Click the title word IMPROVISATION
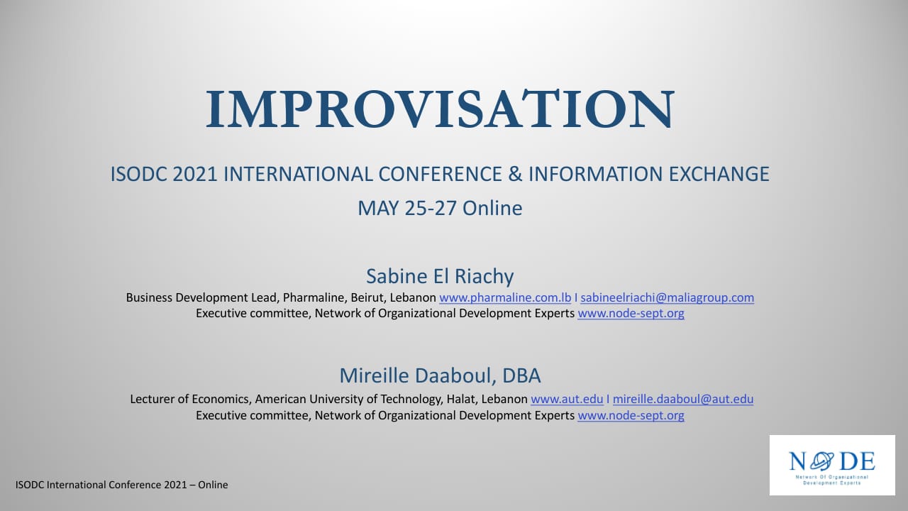point(440,109)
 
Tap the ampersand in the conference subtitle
point(515,174)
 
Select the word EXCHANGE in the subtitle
point(719,174)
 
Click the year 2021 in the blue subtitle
point(195,174)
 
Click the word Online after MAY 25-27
point(492,208)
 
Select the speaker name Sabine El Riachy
point(440,277)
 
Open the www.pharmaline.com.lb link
point(505,297)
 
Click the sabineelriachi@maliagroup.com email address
point(668,297)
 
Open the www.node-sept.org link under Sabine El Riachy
point(631,314)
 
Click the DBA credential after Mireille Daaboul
point(521,375)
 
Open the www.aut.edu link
point(567,400)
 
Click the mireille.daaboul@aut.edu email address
point(683,400)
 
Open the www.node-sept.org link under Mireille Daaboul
point(631,416)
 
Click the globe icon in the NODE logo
point(822,461)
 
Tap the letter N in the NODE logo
point(797,461)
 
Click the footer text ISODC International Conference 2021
point(101,485)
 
